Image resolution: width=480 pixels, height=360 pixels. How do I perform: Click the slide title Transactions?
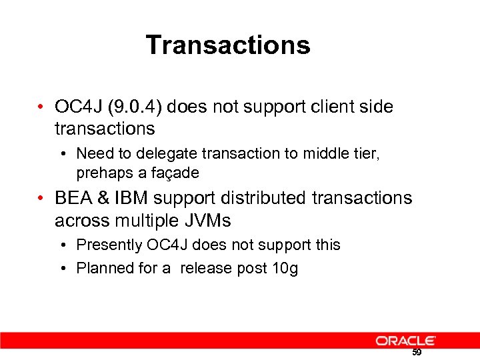pos(228,45)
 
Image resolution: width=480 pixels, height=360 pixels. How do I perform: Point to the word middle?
pos(323,153)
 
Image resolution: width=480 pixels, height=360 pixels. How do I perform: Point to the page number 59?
pos(417,353)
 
